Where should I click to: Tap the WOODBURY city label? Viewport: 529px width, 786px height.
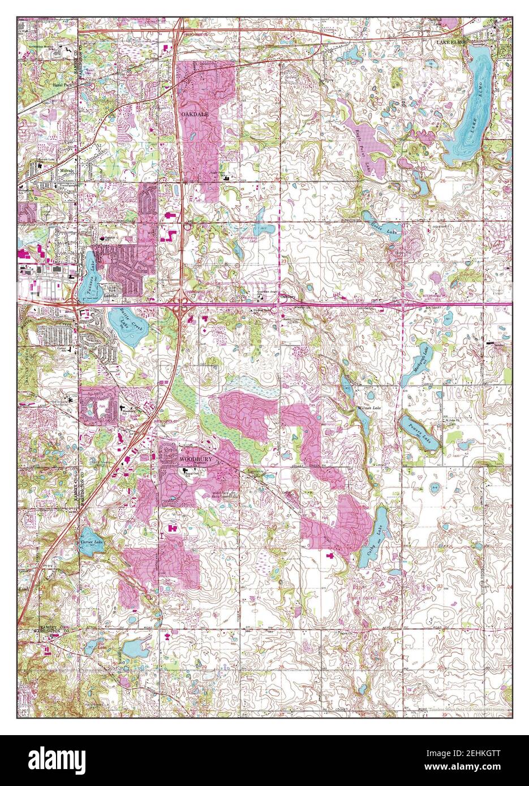(x=196, y=460)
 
